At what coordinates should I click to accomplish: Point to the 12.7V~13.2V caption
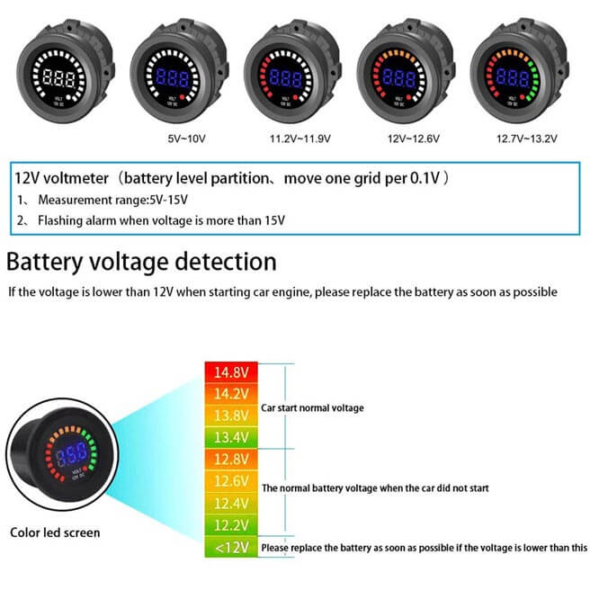click(x=527, y=139)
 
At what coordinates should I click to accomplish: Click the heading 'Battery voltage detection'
click(x=141, y=262)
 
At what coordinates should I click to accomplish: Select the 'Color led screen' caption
click(x=55, y=532)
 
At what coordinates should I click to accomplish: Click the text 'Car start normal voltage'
click(x=312, y=407)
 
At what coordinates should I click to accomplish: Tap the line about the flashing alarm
click(x=152, y=220)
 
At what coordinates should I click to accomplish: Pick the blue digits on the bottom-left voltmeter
click(x=68, y=457)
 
